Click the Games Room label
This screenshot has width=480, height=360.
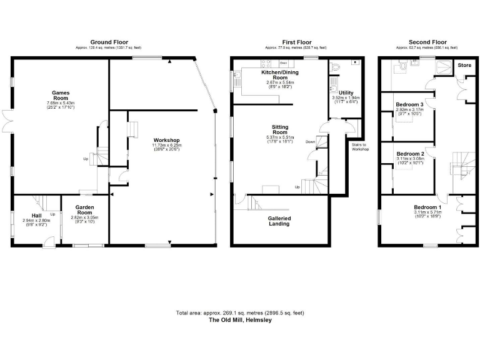(61, 95)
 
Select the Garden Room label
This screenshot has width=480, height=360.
(85, 209)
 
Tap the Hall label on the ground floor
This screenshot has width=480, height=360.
(36, 215)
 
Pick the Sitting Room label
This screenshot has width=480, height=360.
(280, 129)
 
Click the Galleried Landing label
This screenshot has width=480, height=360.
(279, 221)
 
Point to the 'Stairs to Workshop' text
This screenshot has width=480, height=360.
(361, 147)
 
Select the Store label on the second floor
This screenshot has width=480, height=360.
(464, 65)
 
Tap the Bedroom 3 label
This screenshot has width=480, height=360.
(410, 104)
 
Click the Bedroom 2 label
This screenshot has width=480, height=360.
(410, 154)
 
